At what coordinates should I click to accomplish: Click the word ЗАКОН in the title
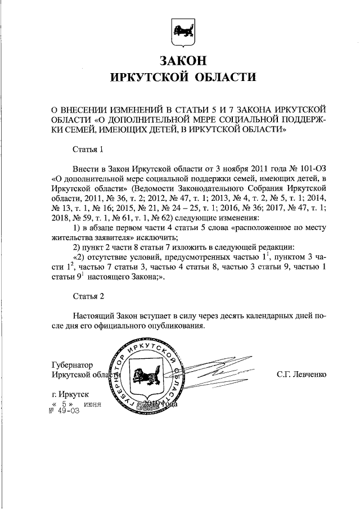pos(181,60)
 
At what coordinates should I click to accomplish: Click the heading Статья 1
pos(88,150)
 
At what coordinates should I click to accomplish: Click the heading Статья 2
pos(88,295)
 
